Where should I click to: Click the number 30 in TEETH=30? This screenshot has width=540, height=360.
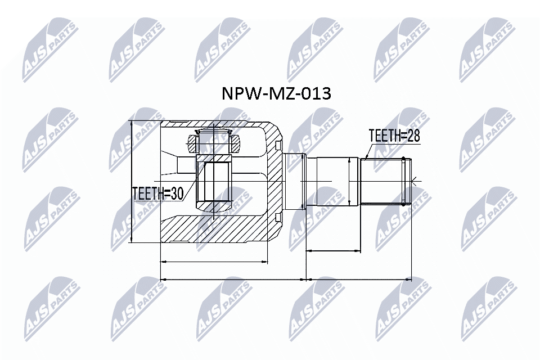(x=176, y=193)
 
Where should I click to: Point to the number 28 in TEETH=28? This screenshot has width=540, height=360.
(x=413, y=136)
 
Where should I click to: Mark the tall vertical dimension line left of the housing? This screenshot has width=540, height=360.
(x=131, y=182)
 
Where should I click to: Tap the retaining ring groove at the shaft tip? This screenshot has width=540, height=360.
(x=403, y=181)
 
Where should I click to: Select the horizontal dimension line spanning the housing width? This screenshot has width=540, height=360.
(x=214, y=262)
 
